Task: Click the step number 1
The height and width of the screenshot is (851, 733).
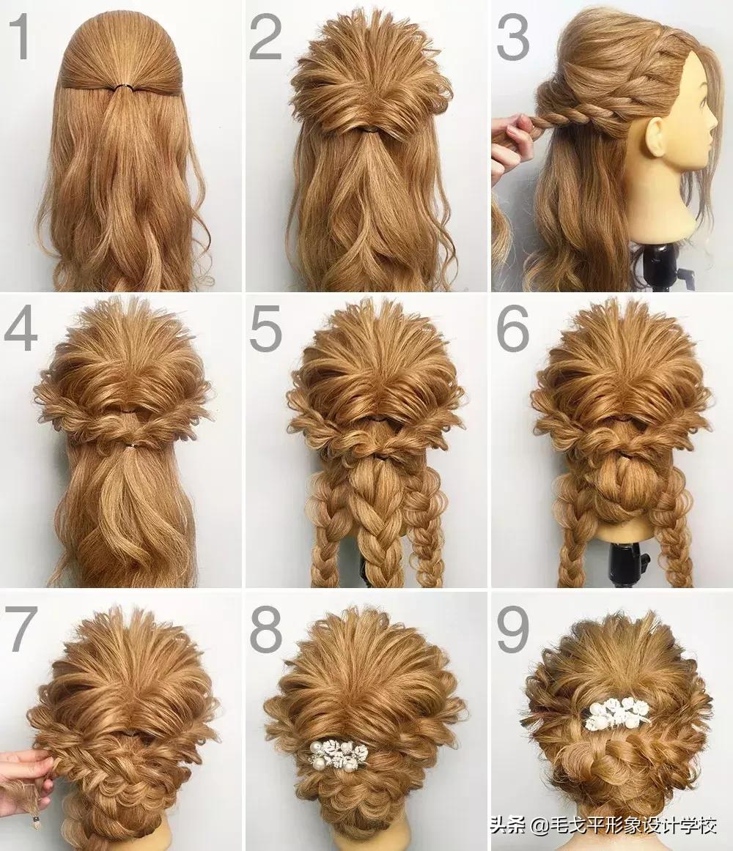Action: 21,37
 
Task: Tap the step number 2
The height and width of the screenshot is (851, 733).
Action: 265,37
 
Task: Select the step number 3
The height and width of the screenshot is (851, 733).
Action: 512,37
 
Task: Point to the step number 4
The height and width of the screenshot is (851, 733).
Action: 21,329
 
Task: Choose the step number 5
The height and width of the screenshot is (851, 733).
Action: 265,329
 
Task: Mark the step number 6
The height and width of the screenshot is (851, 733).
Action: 512,329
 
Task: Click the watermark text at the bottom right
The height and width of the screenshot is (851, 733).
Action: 604,826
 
